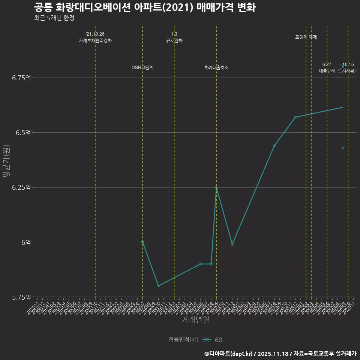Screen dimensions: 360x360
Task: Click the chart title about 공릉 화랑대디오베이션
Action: point(144,7)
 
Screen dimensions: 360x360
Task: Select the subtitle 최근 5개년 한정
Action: point(56,18)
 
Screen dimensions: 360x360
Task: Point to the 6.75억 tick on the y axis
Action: point(21,78)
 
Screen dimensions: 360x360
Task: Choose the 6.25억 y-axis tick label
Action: point(21,187)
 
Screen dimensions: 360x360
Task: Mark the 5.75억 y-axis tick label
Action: point(21,297)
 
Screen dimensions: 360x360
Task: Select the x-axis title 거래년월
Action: point(195,320)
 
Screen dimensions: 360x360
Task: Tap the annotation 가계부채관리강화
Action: point(95,40)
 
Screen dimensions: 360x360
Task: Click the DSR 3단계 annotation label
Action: point(142,67)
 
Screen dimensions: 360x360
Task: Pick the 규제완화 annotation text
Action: point(174,40)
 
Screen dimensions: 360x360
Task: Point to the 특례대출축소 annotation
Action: point(216,67)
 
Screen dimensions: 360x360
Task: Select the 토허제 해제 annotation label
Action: point(306,37)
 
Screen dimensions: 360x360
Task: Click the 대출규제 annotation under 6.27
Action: point(327,70)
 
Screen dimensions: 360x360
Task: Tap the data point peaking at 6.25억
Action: point(216,187)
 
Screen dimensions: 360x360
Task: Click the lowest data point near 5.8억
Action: point(158,286)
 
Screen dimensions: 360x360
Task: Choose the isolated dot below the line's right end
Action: point(343,148)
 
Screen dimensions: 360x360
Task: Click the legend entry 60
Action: point(218,340)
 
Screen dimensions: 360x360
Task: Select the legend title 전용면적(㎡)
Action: point(183,339)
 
